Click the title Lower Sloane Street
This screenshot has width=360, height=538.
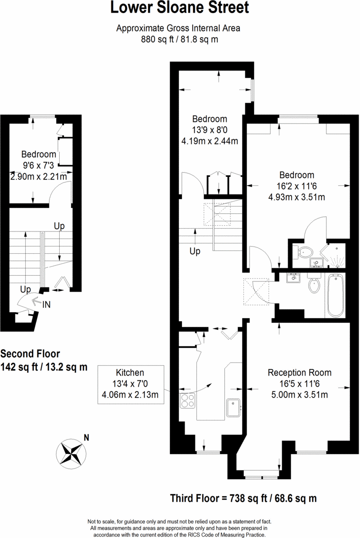(x=180, y=8)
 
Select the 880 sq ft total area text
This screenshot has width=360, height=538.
(x=180, y=40)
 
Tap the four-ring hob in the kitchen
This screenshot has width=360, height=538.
(x=187, y=401)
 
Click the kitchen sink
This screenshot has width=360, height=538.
(x=233, y=407)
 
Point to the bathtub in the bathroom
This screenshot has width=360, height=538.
(x=335, y=295)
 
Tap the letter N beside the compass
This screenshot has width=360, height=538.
(x=86, y=438)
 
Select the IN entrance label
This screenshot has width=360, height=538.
(x=47, y=305)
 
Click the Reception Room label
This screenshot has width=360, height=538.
(x=299, y=373)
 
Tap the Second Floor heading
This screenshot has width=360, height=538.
(x=30, y=354)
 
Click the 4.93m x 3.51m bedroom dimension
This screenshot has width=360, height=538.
(x=297, y=197)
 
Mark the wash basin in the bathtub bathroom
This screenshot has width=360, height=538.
(x=293, y=279)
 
